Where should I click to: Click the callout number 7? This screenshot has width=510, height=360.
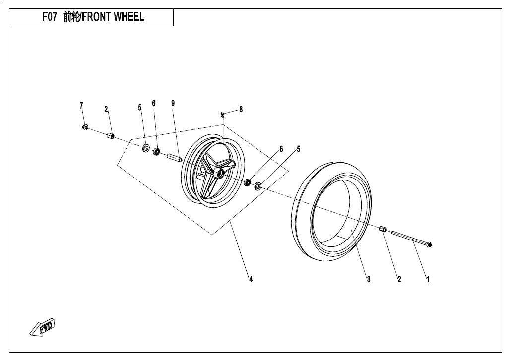point(81,106)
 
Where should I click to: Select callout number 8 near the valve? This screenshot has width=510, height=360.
point(241,110)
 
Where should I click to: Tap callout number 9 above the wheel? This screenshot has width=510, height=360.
point(173,103)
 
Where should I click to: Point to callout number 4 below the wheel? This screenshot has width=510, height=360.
point(251,279)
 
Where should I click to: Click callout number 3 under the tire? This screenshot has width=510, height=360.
point(369,279)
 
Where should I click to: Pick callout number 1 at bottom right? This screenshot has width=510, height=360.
point(428,279)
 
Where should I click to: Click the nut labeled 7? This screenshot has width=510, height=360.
point(85,128)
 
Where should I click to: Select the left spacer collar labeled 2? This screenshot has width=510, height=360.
point(110,136)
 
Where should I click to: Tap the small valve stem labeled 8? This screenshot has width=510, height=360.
point(223,115)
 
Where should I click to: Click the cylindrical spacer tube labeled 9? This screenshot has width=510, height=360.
point(174,157)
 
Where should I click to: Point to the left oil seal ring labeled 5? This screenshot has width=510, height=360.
point(146,148)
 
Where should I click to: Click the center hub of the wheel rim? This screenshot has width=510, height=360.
point(218,172)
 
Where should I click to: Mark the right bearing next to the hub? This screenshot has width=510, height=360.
point(248,182)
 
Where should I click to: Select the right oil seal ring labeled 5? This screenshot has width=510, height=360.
point(258,186)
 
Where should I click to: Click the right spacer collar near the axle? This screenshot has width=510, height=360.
point(383,229)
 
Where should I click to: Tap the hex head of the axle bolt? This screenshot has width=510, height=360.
point(429,244)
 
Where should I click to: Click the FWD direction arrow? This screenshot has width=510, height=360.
point(43,327)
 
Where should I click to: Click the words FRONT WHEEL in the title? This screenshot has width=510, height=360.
point(113,17)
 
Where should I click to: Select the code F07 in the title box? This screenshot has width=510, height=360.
point(50,17)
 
